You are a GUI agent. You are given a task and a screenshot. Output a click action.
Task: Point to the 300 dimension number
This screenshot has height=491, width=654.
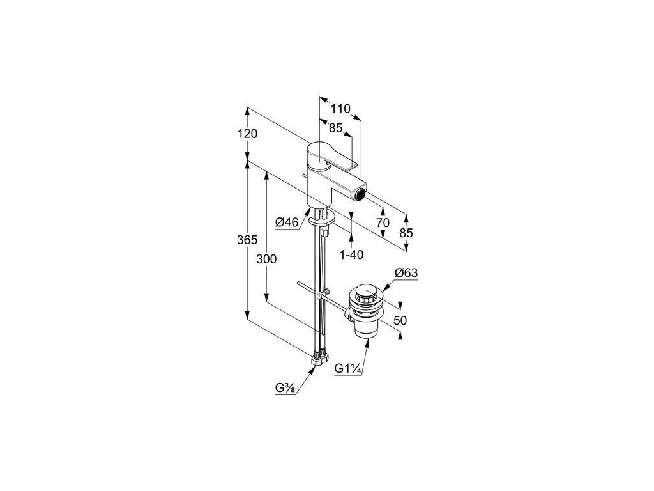coord(266,259)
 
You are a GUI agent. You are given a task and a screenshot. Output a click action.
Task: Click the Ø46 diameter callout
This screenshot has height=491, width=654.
coord(287,222)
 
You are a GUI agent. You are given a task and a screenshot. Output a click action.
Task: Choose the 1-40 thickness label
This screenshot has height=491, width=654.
coord(351,254)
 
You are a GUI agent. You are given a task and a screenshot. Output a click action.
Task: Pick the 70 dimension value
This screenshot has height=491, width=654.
coord(383,222)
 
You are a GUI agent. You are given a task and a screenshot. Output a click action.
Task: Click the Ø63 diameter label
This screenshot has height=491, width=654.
coord(406,274)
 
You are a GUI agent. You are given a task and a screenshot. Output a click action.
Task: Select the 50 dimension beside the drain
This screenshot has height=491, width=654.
coord(400,321)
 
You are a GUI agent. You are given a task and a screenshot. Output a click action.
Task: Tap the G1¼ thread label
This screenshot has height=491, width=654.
coord(348,368)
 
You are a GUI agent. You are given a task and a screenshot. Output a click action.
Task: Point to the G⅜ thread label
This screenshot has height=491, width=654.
coord(285,387)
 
